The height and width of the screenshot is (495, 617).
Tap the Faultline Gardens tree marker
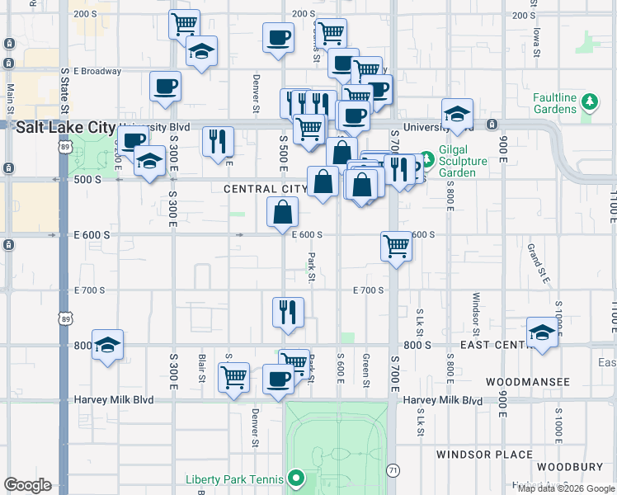point(589,102)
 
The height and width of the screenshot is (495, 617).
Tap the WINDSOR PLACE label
point(485,455)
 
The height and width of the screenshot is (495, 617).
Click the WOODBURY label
point(563,467)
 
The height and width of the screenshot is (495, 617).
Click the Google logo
point(27,485)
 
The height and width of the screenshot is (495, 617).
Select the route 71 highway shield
point(393,469)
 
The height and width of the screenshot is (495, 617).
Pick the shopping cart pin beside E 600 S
point(397,246)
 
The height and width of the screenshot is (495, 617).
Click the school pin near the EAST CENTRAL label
point(541,332)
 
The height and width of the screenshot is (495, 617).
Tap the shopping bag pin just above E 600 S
point(282,213)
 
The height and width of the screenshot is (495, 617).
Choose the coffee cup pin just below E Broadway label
point(165,86)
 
